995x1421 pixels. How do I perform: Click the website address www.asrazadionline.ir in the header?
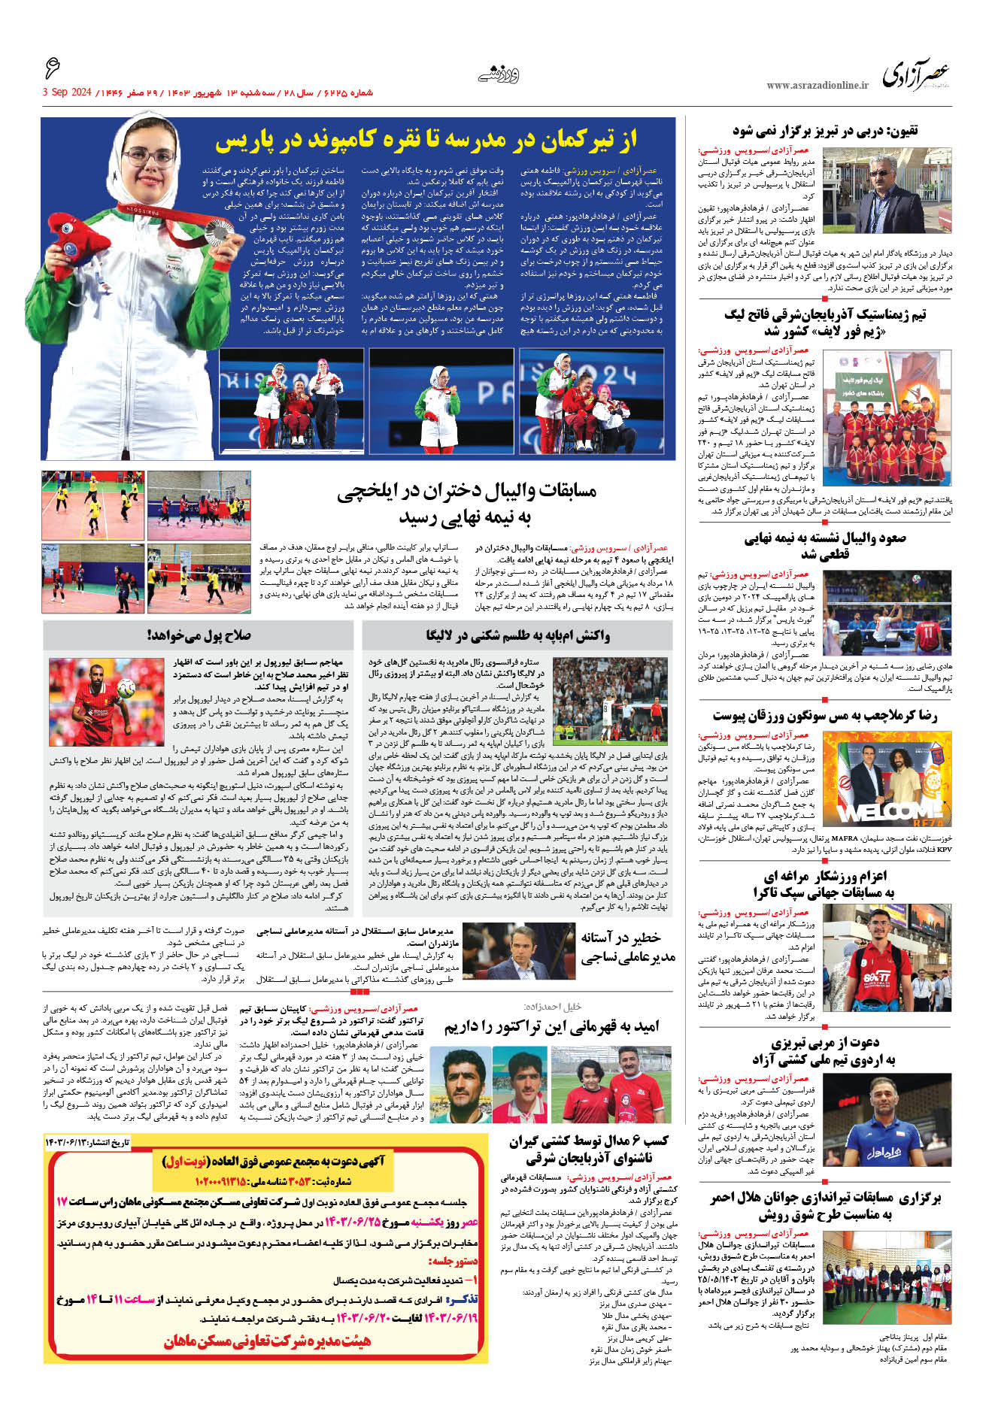(x=817, y=86)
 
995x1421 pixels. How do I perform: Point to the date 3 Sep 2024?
(x=67, y=92)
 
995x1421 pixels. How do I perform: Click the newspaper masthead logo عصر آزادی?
(x=915, y=74)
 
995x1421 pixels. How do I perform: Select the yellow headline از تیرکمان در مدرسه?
(x=426, y=139)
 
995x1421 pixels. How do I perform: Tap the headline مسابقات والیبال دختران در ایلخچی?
(x=466, y=503)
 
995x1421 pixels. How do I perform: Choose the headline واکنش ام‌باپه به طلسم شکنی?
(x=517, y=636)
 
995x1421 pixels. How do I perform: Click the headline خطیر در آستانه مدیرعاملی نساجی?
(x=627, y=947)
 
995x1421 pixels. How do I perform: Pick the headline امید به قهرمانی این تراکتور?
(x=551, y=1027)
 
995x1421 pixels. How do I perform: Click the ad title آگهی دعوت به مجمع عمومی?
(x=273, y=1162)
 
